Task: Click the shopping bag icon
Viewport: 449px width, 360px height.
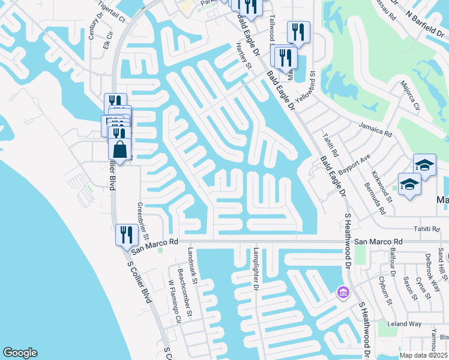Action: point(120,150)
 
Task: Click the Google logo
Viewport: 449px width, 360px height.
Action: point(20,353)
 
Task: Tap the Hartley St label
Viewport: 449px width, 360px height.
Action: point(243,56)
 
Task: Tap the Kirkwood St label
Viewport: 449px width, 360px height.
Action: point(381,185)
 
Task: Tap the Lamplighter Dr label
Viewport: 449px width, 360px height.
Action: point(255,269)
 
